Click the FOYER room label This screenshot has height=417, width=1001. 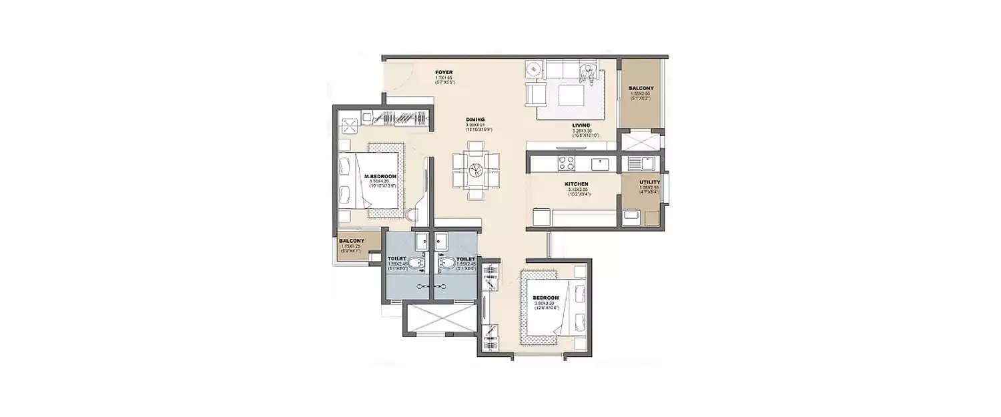[444, 71]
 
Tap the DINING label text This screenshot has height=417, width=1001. [475, 119]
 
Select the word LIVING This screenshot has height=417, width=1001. [580, 125]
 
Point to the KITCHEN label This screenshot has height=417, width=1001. [575, 183]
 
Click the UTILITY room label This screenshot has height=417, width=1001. [649, 182]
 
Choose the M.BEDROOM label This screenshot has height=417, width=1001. [380, 176]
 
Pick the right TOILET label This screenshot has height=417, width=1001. [466, 258]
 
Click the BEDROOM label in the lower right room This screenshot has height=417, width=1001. [545, 298]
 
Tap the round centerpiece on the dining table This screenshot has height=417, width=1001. [476, 169]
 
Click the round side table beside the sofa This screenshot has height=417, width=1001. [533, 69]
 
